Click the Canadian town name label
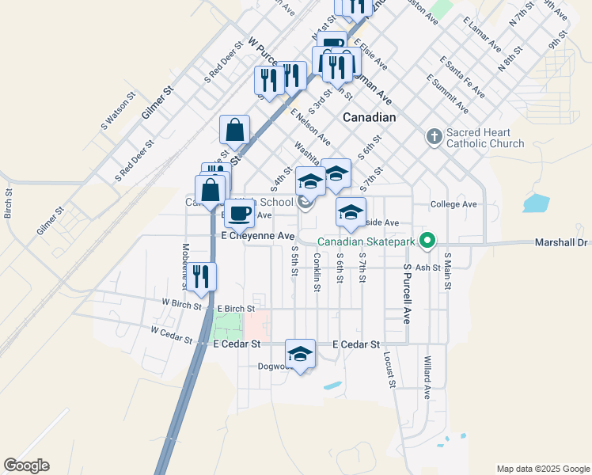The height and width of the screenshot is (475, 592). point(369,117)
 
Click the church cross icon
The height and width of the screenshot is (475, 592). point(434,138)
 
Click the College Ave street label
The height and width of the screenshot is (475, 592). point(453,204)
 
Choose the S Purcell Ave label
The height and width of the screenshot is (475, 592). point(408,293)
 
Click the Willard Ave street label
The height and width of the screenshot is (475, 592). point(427,377)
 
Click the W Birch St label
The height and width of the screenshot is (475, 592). point(182,302)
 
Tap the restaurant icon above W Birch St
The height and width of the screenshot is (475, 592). point(201,277)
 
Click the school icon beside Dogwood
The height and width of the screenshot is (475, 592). point(300,354)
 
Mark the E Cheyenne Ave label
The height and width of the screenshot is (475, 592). point(258,236)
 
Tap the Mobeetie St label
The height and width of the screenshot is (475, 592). point(185,253)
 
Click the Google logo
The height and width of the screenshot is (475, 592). point(26,465)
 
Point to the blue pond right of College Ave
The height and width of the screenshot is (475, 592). point(536,203)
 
